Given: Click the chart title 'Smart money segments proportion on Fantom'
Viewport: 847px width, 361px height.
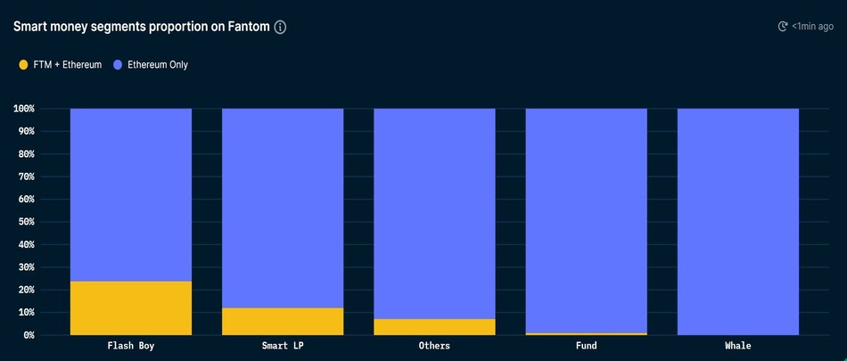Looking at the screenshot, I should coord(141,27).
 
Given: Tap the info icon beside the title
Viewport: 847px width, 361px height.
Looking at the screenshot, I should coord(280,27).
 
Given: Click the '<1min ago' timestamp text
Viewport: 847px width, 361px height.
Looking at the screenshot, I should coord(812,27).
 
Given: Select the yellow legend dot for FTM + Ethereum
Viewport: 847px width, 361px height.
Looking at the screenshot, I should coord(23,65).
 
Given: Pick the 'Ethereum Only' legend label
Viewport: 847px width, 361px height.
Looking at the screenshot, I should coord(156,65).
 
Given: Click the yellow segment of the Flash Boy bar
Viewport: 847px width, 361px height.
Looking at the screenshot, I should coord(131,308).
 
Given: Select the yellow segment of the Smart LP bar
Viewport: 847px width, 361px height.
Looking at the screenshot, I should coord(283,322).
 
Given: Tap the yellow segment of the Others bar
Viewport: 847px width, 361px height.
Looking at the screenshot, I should coord(434,327).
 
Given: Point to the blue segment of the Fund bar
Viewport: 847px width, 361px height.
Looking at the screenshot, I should coord(587,218).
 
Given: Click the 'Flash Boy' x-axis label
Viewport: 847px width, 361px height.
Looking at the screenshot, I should coord(131,346).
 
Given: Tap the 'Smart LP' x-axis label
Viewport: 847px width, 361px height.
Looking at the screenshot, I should coord(283,346).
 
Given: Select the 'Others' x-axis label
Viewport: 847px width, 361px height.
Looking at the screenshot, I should coord(434,346).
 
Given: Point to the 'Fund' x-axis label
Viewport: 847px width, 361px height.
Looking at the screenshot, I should coord(587,346).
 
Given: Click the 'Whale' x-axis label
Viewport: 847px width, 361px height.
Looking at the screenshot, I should coord(738,346).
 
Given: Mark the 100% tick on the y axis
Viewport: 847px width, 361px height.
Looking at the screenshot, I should coord(23,109).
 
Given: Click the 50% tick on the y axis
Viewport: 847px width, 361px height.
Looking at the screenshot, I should coord(26,222).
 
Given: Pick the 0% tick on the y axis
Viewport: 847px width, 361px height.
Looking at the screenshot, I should coord(29,335).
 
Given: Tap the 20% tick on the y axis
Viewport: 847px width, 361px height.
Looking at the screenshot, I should coord(26,290).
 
